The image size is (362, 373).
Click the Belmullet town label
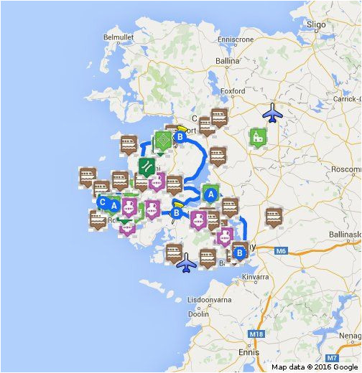[x=119, y=37]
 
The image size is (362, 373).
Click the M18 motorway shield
[x=257, y=335]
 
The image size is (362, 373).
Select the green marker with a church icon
[x=257, y=136]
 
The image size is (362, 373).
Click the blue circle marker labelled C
[x=103, y=202]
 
